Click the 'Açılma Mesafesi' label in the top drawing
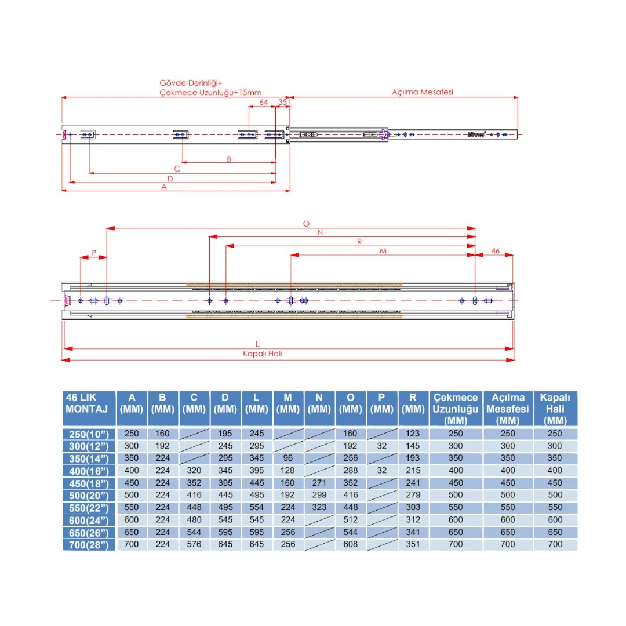tap(422, 92)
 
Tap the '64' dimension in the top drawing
tap(263, 102)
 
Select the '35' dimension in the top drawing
tap(282, 102)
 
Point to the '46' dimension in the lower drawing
tap(495, 250)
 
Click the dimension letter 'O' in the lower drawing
tap(307, 224)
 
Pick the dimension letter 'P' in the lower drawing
tap(94, 253)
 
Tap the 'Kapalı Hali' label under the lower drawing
tap(262, 354)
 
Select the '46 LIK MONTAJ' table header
tap(88, 403)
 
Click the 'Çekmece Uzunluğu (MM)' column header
tap(456, 408)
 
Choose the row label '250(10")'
tap(88, 434)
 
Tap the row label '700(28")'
tap(88, 544)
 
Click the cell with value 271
tap(319, 483)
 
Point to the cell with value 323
tap(319, 507)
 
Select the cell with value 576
tap(194, 544)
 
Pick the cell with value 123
tap(413, 434)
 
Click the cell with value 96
tap(287, 458)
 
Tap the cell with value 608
tap(350, 544)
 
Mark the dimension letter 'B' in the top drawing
tap(229, 158)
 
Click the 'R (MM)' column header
tap(413, 403)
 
